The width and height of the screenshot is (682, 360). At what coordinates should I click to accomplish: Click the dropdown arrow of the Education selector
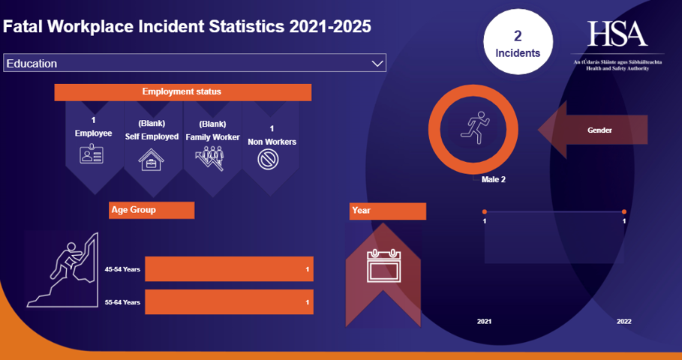tap(377, 64)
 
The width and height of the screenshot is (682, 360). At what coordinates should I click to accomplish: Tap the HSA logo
tap(617, 34)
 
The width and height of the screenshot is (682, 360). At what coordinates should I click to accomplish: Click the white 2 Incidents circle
tap(518, 43)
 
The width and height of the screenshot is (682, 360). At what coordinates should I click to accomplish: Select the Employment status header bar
tap(182, 92)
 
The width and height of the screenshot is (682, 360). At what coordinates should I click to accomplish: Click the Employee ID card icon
tap(93, 155)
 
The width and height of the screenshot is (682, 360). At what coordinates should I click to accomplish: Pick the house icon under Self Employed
tap(152, 160)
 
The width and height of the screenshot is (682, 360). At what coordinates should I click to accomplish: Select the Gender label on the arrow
tap(599, 130)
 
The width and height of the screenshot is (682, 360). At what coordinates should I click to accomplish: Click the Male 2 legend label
tap(493, 180)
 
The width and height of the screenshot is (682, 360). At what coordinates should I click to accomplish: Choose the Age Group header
tap(152, 210)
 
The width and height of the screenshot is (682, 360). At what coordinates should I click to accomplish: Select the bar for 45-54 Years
tap(229, 269)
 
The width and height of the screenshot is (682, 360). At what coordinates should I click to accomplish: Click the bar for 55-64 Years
tap(229, 302)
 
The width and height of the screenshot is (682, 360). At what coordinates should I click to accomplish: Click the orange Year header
tap(387, 211)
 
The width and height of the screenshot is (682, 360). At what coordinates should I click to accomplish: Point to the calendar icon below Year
tap(383, 265)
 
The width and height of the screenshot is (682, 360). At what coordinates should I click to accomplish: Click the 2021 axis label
tap(485, 321)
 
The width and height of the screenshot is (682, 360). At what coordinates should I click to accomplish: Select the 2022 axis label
tap(624, 321)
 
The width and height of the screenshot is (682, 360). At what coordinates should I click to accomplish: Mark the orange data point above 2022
tap(624, 212)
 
